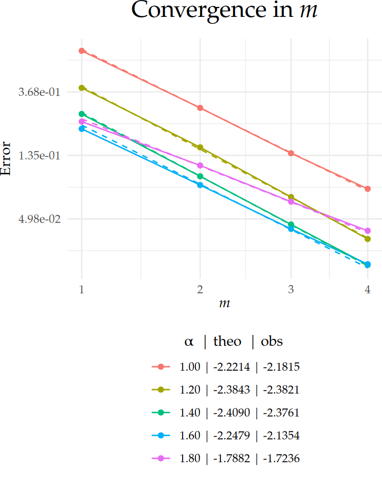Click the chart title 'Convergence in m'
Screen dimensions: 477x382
coord(224,11)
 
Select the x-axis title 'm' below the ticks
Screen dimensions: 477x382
coord(224,303)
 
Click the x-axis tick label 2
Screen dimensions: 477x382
coord(200,290)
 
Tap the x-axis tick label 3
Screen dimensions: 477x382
coord(291,290)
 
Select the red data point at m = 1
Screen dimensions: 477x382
coord(82,51)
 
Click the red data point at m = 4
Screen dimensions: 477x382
coord(368,189)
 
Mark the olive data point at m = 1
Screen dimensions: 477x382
coord(82,88)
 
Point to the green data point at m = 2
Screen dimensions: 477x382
coord(200,176)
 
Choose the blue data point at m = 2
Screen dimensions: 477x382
coord(200,185)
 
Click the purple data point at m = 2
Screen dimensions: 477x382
coord(200,165)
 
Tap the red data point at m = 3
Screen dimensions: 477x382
coord(291,153)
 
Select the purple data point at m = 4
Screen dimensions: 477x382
coord(368,231)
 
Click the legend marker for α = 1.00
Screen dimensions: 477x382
coord(161,367)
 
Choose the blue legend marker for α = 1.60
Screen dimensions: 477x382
coord(161,436)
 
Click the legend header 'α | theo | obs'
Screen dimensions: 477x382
coord(233,341)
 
